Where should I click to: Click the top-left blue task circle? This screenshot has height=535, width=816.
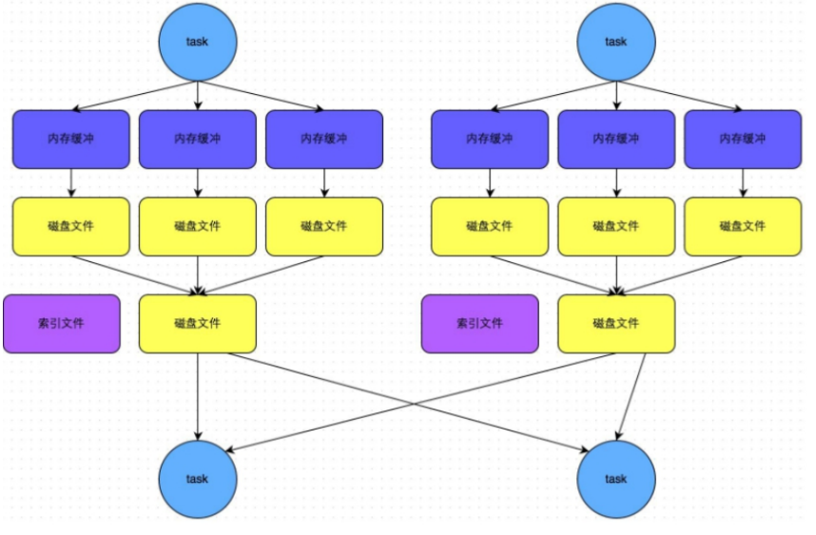[197, 41]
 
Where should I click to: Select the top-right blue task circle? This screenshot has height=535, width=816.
[615, 41]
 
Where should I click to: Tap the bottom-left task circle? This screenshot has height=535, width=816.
[197, 478]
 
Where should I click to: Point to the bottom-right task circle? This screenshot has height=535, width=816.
[615, 478]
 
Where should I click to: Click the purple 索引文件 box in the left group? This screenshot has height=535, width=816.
[62, 323]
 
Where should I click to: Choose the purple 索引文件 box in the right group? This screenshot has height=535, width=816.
[479, 323]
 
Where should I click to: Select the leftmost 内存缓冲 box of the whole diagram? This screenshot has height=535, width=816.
[71, 139]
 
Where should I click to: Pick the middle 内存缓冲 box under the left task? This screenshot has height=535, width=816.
[198, 139]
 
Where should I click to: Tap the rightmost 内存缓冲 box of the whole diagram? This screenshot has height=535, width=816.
[742, 139]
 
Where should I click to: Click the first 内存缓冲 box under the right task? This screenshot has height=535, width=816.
[489, 139]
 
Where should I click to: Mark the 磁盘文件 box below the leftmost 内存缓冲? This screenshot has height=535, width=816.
[71, 226]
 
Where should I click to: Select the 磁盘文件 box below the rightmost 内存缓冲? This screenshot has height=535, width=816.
[742, 226]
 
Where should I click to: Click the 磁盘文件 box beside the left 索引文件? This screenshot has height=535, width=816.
[198, 323]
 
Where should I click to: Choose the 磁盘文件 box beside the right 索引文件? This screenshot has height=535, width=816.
[616, 323]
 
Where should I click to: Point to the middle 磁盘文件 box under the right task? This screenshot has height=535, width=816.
[616, 226]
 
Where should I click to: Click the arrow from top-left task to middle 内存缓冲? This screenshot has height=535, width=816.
[198, 95]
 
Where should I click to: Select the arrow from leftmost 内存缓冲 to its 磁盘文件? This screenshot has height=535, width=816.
[71, 182]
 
